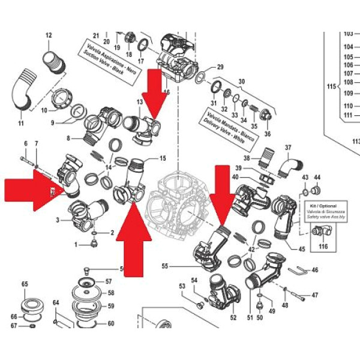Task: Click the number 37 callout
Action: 287,147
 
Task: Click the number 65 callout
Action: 25,284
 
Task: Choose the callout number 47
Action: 315,295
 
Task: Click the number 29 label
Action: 220,67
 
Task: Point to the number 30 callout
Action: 242,81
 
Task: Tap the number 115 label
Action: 331,87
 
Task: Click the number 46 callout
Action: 314,271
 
